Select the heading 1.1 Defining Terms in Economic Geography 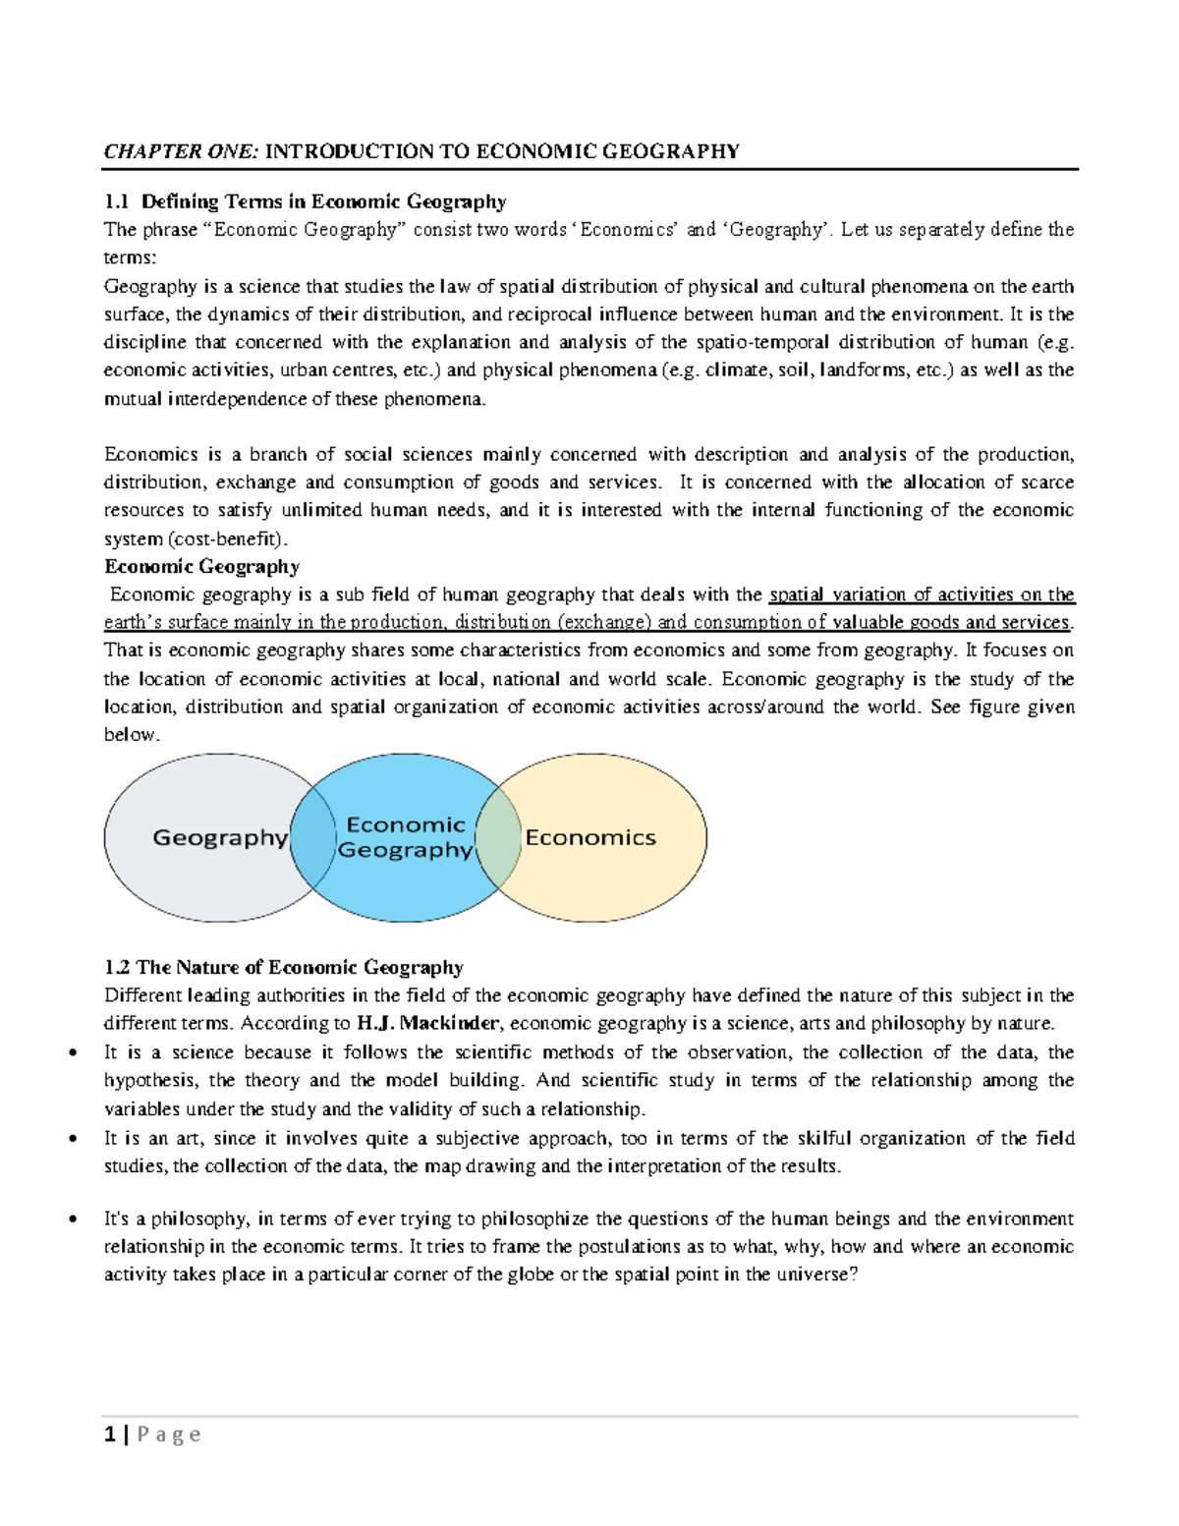(x=305, y=201)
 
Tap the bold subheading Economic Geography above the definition (x=201, y=566)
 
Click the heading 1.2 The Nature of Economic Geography (x=284, y=967)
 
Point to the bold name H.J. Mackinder (x=428, y=1023)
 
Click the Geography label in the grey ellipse (x=220, y=837)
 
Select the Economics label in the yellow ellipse (x=589, y=837)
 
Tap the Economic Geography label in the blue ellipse (x=405, y=837)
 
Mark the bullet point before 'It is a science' (x=73, y=1053)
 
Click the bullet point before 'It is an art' (x=73, y=1140)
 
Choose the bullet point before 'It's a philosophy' (x=73, y=1219)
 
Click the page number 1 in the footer (x=110, y=1435)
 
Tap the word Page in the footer (x=169, y=1435)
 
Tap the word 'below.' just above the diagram (x=132, y=734)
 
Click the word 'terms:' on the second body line (x=130, y=257)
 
